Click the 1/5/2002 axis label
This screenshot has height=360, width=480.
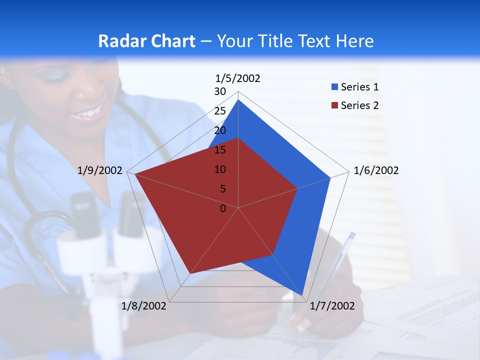pyautogui.click(x=237, y=78)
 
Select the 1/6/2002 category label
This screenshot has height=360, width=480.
pyautogui.click(x=376, y=170)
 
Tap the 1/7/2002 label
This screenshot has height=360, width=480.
pyautogui.click(x=332, y=306)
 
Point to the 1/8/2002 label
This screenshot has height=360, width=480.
pyautogui.click(x=144, y=306)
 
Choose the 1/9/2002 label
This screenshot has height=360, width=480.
pyautogui.click(x=100, y=170)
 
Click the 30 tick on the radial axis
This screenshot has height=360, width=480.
pyautogui.click(x=220, y=91)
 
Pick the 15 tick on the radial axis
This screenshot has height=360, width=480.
pyautogui.click(x=220, y=150)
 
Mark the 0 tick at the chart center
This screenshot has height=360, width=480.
pyautogui.click(x=223, y=208)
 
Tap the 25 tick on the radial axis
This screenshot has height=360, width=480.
pyautogui.click(x=220, y=111)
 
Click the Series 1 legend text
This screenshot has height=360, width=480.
pyautogui.click(x=359, y=87)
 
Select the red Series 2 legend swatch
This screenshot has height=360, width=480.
pyautogui.click(x=334, y=105)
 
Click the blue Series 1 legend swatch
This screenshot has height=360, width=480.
pyautogui.click(x=334, y=87)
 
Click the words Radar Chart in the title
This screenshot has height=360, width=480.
pyautogui.click(x=146, y=41)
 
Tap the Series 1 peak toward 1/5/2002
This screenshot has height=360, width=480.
pyautogui.click(x=238, y=100)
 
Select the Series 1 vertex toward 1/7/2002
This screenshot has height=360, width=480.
pyautogui.click(x=302, y=295)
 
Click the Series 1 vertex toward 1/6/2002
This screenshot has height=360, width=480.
pyautogui.click(x=330, y=177)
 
